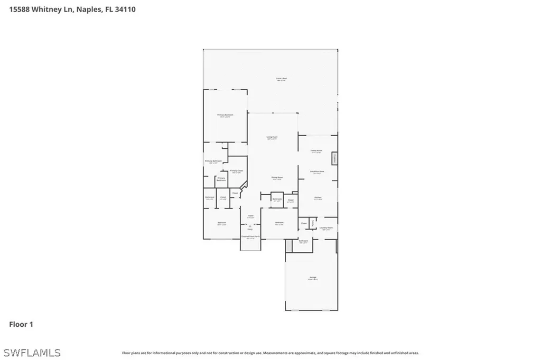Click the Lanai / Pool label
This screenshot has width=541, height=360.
coord(281,79)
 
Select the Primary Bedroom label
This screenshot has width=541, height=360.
coord(226,115)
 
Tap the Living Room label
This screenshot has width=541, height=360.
coord(272,137)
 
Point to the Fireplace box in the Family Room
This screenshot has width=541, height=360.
coord(334,159)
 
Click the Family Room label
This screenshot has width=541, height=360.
coord(316,150)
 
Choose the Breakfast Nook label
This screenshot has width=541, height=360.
coord(317,171)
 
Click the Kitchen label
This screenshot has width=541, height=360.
coord(318,197)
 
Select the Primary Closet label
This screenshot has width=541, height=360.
coord(236,170)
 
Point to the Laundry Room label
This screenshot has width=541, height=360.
coord(326,228)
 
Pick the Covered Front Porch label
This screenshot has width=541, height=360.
coord(250,236)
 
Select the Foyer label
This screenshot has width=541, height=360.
coord(251,216)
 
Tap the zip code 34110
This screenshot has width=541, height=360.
coord(124,9)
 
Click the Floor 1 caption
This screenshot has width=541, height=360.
coord(21,324)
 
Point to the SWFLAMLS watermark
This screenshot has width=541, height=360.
coord(32,352)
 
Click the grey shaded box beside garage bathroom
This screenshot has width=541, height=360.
coord(288,245)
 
